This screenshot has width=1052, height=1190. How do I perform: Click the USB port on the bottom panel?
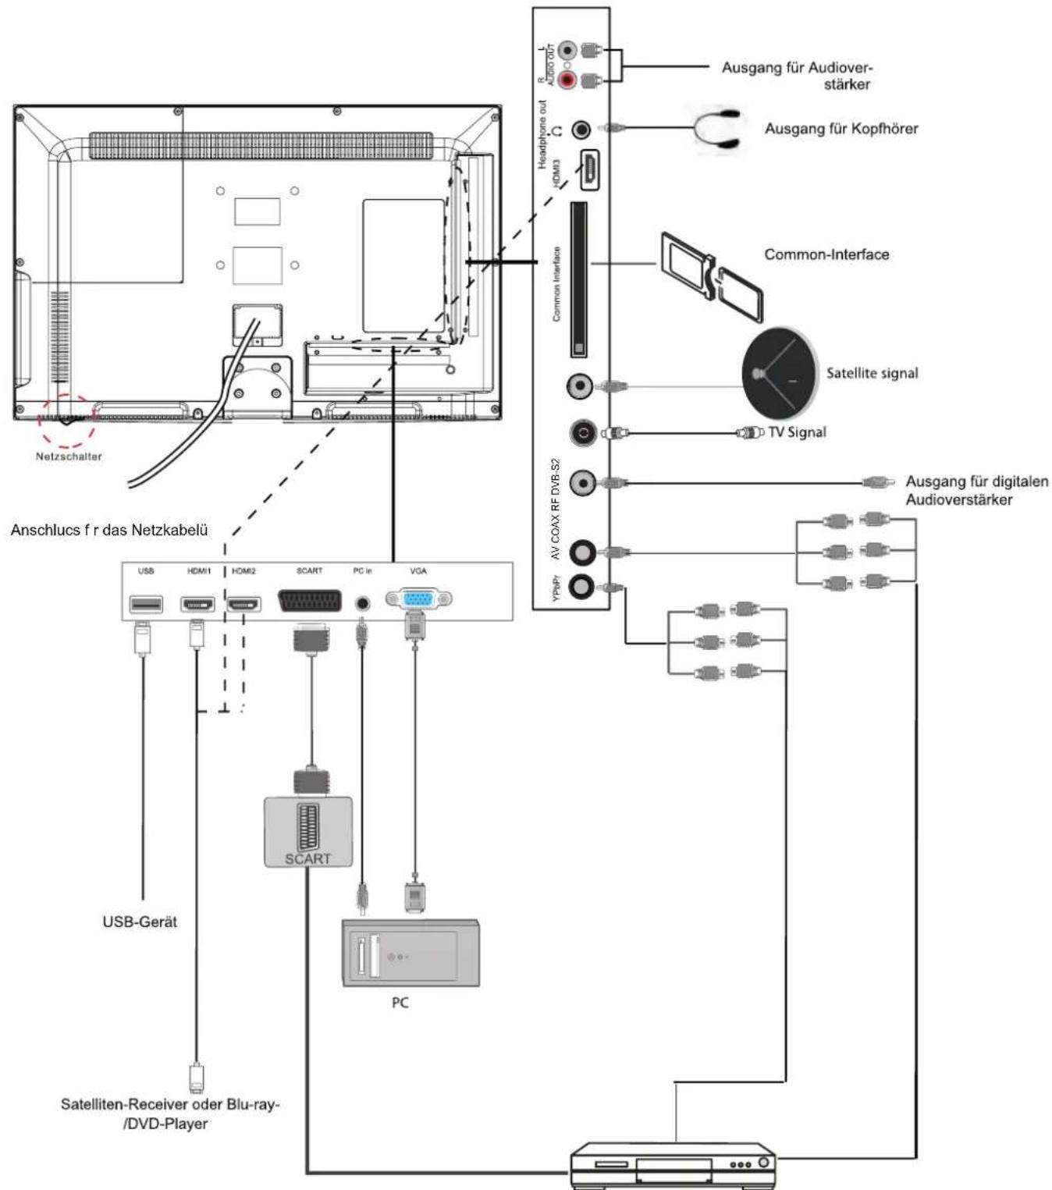pos(146,603)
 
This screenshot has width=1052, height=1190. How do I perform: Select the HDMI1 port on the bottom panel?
pos(197,603)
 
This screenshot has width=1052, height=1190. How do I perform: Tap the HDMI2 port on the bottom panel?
pos(243,603)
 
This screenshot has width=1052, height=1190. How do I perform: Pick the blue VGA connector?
pos(418,599)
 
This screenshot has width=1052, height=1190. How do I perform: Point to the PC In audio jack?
pos(361,602)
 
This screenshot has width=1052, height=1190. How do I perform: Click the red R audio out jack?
pos(567,80)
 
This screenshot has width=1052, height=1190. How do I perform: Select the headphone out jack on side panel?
pos(581,129)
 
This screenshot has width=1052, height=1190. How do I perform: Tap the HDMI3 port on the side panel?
pos(589,169)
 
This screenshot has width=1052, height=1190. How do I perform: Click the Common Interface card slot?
pos(578,279)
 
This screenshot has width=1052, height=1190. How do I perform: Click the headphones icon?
pos(716,130)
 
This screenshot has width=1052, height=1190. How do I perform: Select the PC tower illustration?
pos(410,953)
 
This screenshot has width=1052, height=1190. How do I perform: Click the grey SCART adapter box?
pos(307,832)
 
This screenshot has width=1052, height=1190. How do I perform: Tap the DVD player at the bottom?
pos(673,1164)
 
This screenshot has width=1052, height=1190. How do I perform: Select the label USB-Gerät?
pos(140,922)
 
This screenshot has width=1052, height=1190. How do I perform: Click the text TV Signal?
pos(797,432)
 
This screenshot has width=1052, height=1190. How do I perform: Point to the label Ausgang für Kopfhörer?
pos(841,129)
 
